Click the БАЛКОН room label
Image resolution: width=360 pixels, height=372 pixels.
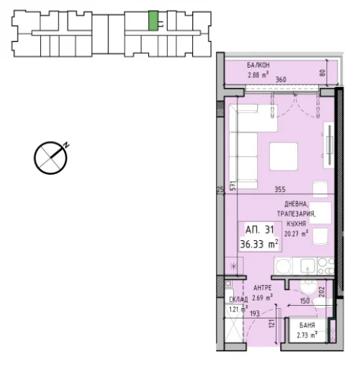258,65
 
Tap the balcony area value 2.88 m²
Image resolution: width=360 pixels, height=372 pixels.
258,75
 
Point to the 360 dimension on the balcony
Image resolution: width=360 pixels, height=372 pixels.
281,79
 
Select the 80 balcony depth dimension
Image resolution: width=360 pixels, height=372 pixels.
323,73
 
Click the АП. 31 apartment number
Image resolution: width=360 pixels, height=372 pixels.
259,230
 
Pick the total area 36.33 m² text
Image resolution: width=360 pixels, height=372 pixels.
259,244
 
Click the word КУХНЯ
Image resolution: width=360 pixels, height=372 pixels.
296,224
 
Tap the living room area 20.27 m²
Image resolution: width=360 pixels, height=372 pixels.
297,233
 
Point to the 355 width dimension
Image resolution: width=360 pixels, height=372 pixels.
280,189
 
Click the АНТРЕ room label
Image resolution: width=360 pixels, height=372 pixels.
263,288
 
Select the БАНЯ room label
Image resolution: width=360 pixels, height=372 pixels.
307,325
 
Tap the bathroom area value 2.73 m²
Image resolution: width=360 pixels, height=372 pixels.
307,335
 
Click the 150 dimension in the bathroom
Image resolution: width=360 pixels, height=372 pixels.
305,301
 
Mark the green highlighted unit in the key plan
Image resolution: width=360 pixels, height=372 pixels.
153,21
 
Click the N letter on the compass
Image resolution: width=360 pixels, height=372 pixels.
66,145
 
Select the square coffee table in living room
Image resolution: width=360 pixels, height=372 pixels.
284,156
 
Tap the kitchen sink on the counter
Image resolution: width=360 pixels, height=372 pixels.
307,266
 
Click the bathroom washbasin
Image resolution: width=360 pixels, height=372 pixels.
308,288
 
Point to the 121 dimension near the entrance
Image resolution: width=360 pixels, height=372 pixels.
271,324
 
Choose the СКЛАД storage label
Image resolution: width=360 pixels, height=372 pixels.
238,299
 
